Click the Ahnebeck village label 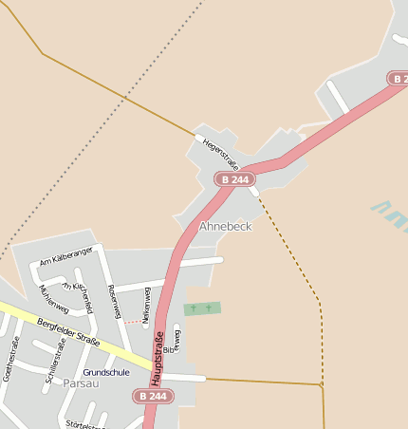coord(225,227)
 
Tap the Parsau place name coord(81,383)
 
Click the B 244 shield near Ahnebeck coord(234,178)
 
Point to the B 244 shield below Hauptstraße coord(154,396)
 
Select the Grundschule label coord(106,372)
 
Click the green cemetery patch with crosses coord(201,308)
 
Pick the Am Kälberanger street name coord(66,255)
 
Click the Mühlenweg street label coord(52,296)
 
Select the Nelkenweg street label coord(146,307)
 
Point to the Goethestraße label coord(10,358)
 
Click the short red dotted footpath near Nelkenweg coord(136,322)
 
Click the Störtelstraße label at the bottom coord(85,423)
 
